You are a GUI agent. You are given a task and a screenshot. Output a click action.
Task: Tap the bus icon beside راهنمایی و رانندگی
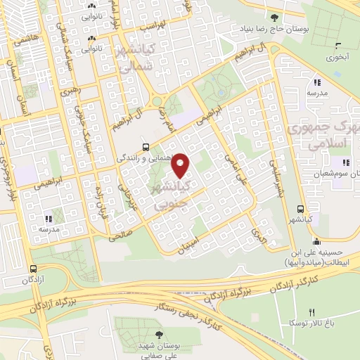(x=145, y=147)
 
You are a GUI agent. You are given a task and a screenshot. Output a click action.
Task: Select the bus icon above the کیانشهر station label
(x=301, y=209)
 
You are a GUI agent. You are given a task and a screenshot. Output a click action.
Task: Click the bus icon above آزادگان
(x=33, y=269)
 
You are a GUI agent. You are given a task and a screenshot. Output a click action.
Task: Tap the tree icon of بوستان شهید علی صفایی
(x=157, y=335)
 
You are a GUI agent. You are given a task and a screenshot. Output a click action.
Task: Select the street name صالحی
(x=120, y=236)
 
